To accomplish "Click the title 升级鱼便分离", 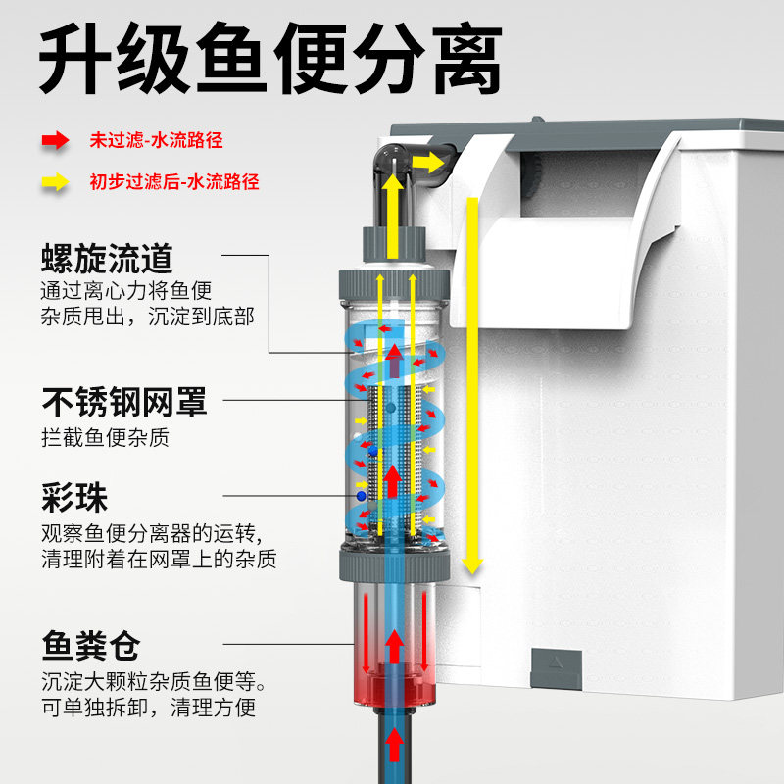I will [x=270, y=61].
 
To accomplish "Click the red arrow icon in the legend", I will [x=55, y=140].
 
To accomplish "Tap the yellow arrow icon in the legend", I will [x=55, y=181].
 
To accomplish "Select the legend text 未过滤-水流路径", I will [x=157, y=140].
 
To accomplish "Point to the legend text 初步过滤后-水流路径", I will [x=174, y=181].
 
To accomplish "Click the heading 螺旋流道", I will [x=107, y=259].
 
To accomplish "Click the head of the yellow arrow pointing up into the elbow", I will [x=392, y=184].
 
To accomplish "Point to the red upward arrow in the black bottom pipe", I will [x=392, y=745].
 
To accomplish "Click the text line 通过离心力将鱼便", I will [x=126, y=290].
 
